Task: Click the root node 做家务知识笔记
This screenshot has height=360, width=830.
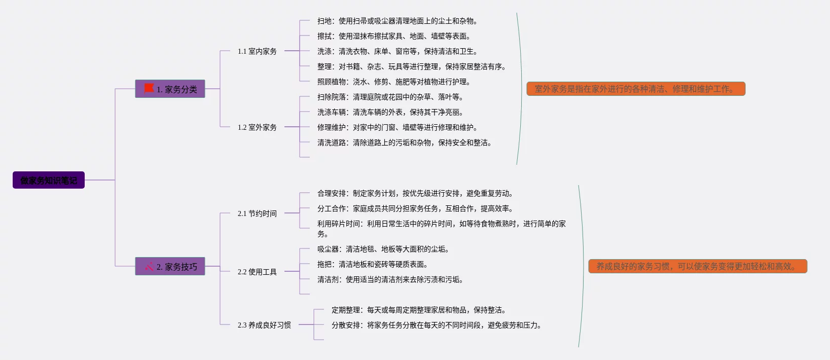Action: (49, 180)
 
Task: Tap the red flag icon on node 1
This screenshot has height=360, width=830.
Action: (149, 89)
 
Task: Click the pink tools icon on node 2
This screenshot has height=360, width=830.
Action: (149, 266)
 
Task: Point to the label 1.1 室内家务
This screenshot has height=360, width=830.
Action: (257, 51)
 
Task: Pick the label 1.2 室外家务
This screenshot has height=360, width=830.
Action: (257, 127)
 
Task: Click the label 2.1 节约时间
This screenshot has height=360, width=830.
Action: (257, 213)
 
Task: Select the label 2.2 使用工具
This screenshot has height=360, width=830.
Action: (257, 272)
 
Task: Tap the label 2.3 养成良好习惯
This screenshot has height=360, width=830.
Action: (264, 325)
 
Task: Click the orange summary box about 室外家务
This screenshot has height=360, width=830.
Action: (636, 89)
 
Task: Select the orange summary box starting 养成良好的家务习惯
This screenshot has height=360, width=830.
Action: (697, 266)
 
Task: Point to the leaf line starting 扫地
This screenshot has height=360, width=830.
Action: (397, 21)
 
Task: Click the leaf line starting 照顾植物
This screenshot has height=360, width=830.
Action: (393, 82)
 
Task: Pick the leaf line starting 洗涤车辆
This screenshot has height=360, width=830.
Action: (390, 112)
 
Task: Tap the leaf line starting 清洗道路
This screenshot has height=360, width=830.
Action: (404, 142)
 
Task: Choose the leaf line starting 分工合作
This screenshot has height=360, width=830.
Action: (415, 208)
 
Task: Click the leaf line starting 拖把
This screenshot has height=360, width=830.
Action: (372, 264)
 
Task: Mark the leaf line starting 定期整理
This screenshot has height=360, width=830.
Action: (418, 310)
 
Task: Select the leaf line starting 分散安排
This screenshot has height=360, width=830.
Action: (436, 325)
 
